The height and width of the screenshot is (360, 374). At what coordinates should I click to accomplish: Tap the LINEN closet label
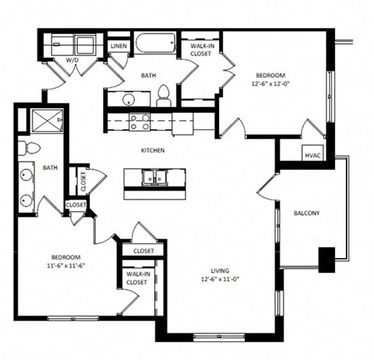(118, 46)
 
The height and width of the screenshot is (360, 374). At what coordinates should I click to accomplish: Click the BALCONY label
(305, 213)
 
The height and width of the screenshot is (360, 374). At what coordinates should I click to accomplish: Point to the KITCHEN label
(151, 150)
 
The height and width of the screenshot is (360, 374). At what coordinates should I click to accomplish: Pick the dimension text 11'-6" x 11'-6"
(68, 265)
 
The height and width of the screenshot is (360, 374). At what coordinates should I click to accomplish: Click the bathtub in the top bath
(157, 44)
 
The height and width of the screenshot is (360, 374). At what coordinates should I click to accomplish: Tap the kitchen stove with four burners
(139, 122)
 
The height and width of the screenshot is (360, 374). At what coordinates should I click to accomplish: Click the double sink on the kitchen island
(153, 178)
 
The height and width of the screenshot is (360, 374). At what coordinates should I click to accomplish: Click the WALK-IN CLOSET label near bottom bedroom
(136, 278)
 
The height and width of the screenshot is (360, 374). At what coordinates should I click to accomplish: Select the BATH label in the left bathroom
(50, 168)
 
